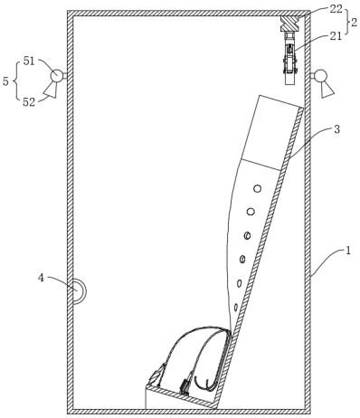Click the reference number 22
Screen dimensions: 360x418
tap(336, 9)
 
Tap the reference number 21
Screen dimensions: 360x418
tap(336, 36)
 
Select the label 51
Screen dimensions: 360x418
tap(29, 62)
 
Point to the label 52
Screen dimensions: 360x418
tap(29, 102)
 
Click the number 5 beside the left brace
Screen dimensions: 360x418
tap(5, 81)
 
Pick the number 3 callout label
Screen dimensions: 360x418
tap(336, 129)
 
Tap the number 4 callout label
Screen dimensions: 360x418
tap(41, 278)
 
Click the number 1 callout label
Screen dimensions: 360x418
tap(348, 251)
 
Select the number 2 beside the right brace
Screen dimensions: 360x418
tap(355, 22)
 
